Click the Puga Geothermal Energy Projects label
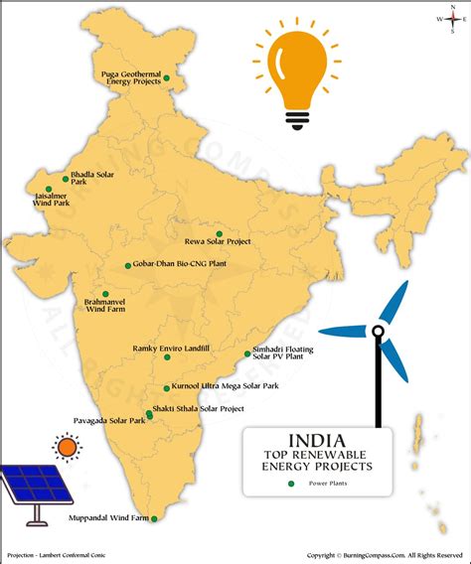pyautogui.click(x=131, y=77)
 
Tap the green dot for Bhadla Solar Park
pyautogui.click(x=66, y=179)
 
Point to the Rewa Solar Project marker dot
pyautogui.click(x=220, y=233)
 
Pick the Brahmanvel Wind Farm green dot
pyautogui.click(x=105, y=294)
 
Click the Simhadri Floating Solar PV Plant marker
pyautogui.click(x=247, y=353)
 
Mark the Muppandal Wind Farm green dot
pyautogui.click(x=153, y=518)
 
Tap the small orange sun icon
pyautogui.click(x=67, y=448)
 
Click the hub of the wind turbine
pyautogui.click(x=380, y=333)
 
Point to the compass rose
pyautogui.click(x=447, y=18)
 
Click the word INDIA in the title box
pyautogui.click(x=317, y=440)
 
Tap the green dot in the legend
pyautogui.click(x=291, y=484)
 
